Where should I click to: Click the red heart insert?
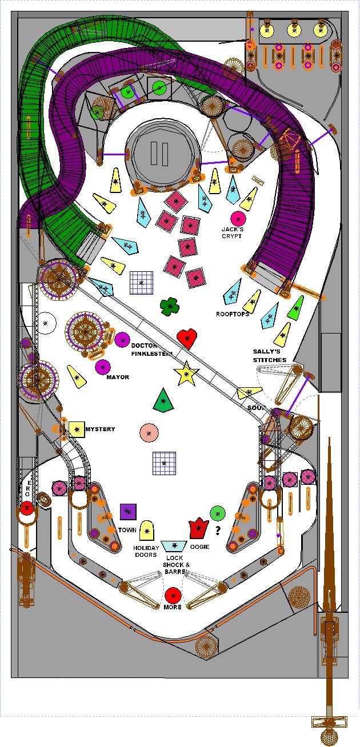(186, 338)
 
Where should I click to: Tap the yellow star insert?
(186, 374)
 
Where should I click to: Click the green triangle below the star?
(164, 400)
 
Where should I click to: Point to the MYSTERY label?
(100, 429)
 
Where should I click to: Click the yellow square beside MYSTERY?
(77, 429)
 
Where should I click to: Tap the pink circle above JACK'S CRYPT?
(237, 218)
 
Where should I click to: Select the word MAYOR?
(118, 377)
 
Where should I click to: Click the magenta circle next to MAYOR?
(102, 367)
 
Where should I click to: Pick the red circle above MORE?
(173, 595)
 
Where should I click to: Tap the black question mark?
(218, 531)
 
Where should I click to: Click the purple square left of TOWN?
(127, 511)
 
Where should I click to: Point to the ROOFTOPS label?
(232, 314)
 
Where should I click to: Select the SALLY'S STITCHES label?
(270, 355)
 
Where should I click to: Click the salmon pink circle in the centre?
(149, 432)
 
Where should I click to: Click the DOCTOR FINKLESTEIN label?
(151, 350)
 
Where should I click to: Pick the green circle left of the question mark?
(217, 513)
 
